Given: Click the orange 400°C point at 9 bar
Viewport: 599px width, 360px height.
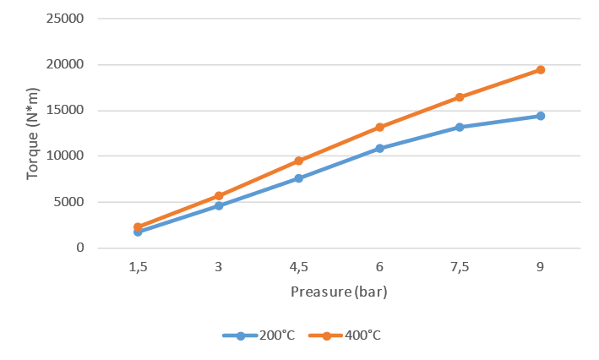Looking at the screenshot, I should pyautogui.click(x=540, y=70).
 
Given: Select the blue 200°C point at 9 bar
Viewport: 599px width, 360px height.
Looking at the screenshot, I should pyautogui.click(x=540, y=116).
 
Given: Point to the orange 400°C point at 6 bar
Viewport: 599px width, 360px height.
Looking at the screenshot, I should pyautogui.click(x=379, y=127).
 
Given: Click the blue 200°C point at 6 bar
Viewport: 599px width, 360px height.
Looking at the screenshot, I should pyautogui.click(x=379, y=148).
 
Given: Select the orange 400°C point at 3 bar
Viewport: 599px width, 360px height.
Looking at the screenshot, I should pyautogui.click(x=219, y=195).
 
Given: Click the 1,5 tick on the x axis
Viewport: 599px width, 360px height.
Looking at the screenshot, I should pyautogui.click(x=138, y=267).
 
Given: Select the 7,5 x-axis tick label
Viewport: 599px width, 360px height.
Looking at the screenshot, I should pyautogui.click(x=460, y=267).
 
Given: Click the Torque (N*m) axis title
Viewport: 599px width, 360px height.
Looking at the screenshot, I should pyautogui.click(x=33, y=133).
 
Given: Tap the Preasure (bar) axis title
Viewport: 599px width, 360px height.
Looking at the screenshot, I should pyautogui.click(x=339, y=292).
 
